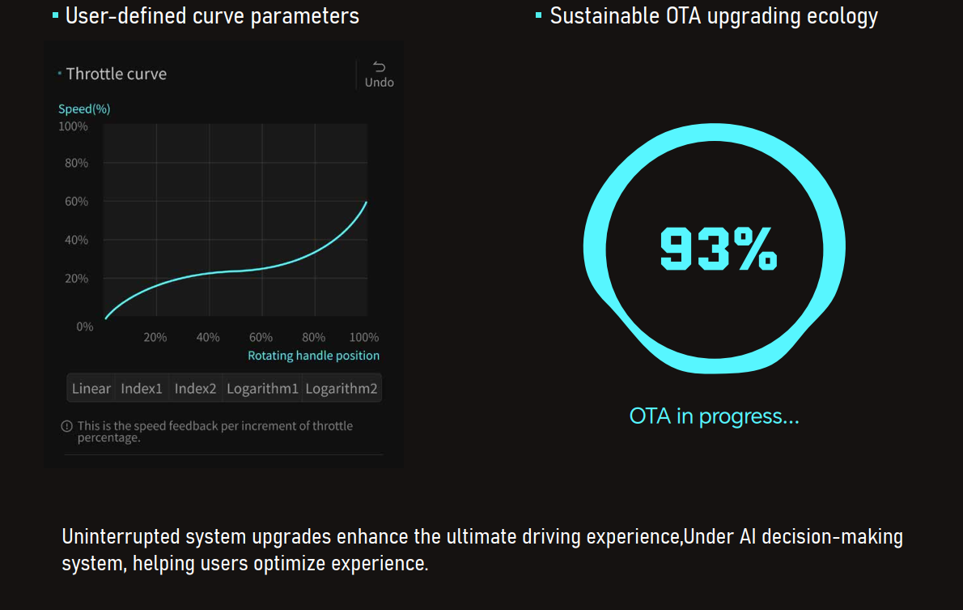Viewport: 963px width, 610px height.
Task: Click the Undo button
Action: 379,75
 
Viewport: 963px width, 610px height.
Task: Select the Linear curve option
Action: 91,389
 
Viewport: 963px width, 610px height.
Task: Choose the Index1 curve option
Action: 142,389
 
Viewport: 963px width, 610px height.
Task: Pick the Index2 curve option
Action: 195,389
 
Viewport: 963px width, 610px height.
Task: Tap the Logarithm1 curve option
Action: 262,389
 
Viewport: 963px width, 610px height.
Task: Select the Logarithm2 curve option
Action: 341,389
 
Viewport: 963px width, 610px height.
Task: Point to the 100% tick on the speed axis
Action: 74,126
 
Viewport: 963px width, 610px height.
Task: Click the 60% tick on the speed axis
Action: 76,202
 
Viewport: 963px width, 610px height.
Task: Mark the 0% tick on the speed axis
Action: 85,326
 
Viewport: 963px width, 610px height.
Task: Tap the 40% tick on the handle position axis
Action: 208,337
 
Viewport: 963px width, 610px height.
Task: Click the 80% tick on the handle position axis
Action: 313,337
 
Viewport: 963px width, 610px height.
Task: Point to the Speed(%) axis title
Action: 84,109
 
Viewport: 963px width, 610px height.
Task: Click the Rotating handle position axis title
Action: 313,356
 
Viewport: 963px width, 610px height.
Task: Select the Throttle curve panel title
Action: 116,74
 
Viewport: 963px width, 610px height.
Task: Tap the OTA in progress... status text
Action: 714,416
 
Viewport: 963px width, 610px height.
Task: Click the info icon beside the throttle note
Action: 67,426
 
